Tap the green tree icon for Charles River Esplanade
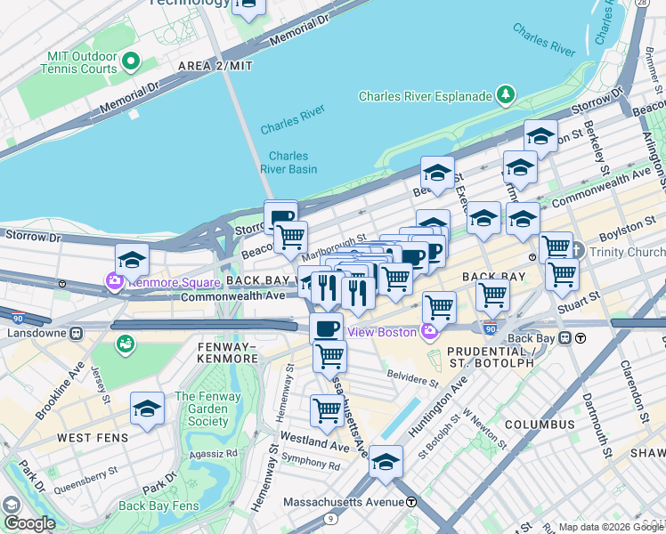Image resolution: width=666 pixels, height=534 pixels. point(506,93)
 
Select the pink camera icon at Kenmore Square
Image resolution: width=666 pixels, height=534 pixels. point(115,282)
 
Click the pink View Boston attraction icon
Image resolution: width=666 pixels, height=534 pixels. point(430,332)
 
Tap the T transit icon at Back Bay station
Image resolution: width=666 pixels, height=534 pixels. point(580,338)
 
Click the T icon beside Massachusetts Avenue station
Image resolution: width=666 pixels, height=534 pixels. point(411,502)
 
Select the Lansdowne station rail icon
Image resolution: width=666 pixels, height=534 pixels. point(76,333)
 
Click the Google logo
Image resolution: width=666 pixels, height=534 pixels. point(28,523)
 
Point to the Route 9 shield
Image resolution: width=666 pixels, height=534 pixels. point(330,517)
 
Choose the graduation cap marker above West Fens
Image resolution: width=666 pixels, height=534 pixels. point(147,410)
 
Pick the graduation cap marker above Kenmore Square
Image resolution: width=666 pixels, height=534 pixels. point(132,261)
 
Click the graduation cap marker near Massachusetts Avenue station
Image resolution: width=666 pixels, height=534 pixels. point(386,463)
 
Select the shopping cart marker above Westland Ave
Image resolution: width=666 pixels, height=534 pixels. point(327,411)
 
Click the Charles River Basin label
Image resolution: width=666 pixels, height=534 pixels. point(288,161)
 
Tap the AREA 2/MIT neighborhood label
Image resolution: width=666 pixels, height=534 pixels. point(215,67)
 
